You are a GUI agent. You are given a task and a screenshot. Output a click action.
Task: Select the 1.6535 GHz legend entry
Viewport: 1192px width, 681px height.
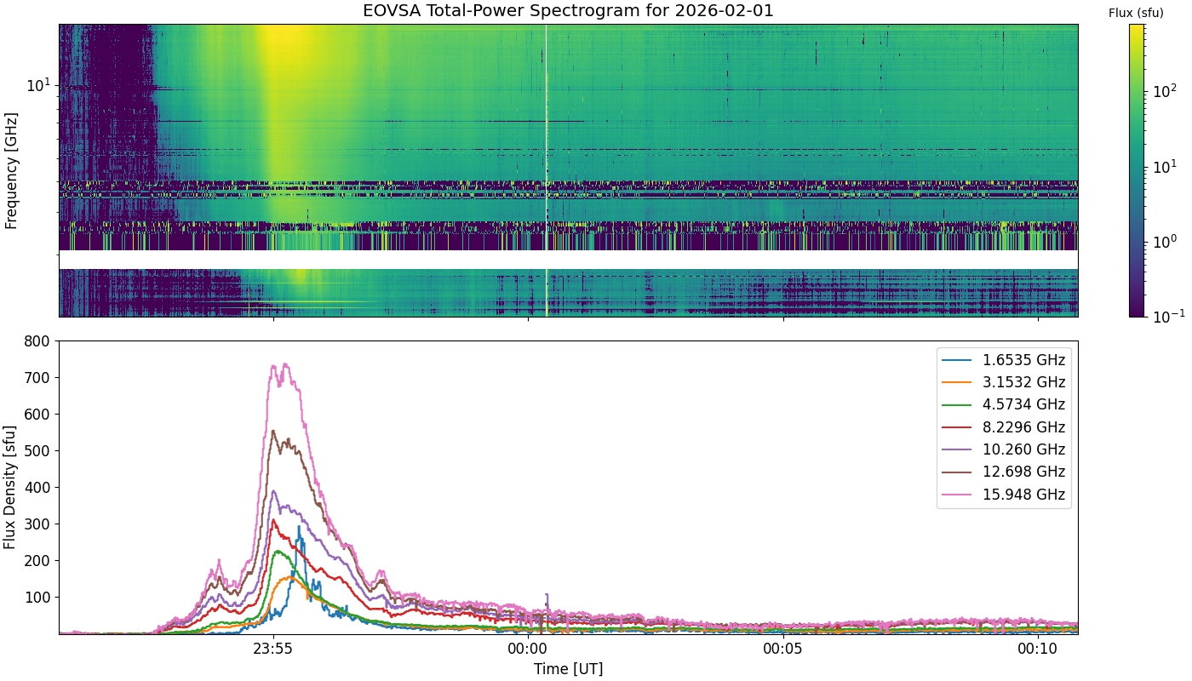point(1003,360)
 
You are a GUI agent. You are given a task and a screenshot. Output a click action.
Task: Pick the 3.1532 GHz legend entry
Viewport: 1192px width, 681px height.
point(1003,382)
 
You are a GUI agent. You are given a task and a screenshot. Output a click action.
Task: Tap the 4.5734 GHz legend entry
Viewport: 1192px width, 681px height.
point(1003,405)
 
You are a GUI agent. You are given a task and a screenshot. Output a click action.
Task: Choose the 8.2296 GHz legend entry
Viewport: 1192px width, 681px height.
point(1003,427)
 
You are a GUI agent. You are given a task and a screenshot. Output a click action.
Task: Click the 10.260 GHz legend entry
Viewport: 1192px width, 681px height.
point(1003,449)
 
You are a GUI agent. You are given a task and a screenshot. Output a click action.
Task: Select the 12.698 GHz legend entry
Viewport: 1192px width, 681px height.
point(1003,472)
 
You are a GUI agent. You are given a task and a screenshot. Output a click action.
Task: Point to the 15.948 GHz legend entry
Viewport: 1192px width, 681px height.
point(1003,495)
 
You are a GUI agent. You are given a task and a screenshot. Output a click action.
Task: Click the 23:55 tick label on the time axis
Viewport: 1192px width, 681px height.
point(273,649)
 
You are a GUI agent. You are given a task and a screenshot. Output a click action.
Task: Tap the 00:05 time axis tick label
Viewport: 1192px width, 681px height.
point(783,649)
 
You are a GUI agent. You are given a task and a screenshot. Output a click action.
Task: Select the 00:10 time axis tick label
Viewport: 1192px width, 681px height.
point(1038,649)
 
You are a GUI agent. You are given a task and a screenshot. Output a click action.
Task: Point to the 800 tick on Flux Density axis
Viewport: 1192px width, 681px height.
point(37,341)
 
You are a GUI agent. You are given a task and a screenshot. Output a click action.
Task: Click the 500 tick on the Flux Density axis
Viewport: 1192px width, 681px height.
point(37,451)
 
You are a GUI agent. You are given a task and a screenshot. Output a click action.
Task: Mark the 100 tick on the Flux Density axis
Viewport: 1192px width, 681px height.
point(37,598)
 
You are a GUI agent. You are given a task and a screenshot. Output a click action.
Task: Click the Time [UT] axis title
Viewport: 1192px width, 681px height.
point(568,669)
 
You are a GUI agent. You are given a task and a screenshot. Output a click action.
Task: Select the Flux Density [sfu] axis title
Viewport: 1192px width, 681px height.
point(9,487)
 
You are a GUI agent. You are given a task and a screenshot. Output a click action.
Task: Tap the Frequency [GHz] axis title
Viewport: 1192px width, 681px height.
point(10,171)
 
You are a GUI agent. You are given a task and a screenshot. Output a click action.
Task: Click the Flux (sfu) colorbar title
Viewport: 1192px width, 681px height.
point(1136,13)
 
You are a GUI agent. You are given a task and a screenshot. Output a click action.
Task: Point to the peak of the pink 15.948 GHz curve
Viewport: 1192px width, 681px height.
point(286,364)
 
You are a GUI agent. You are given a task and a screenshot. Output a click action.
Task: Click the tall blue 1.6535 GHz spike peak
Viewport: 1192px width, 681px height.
point(299,527)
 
